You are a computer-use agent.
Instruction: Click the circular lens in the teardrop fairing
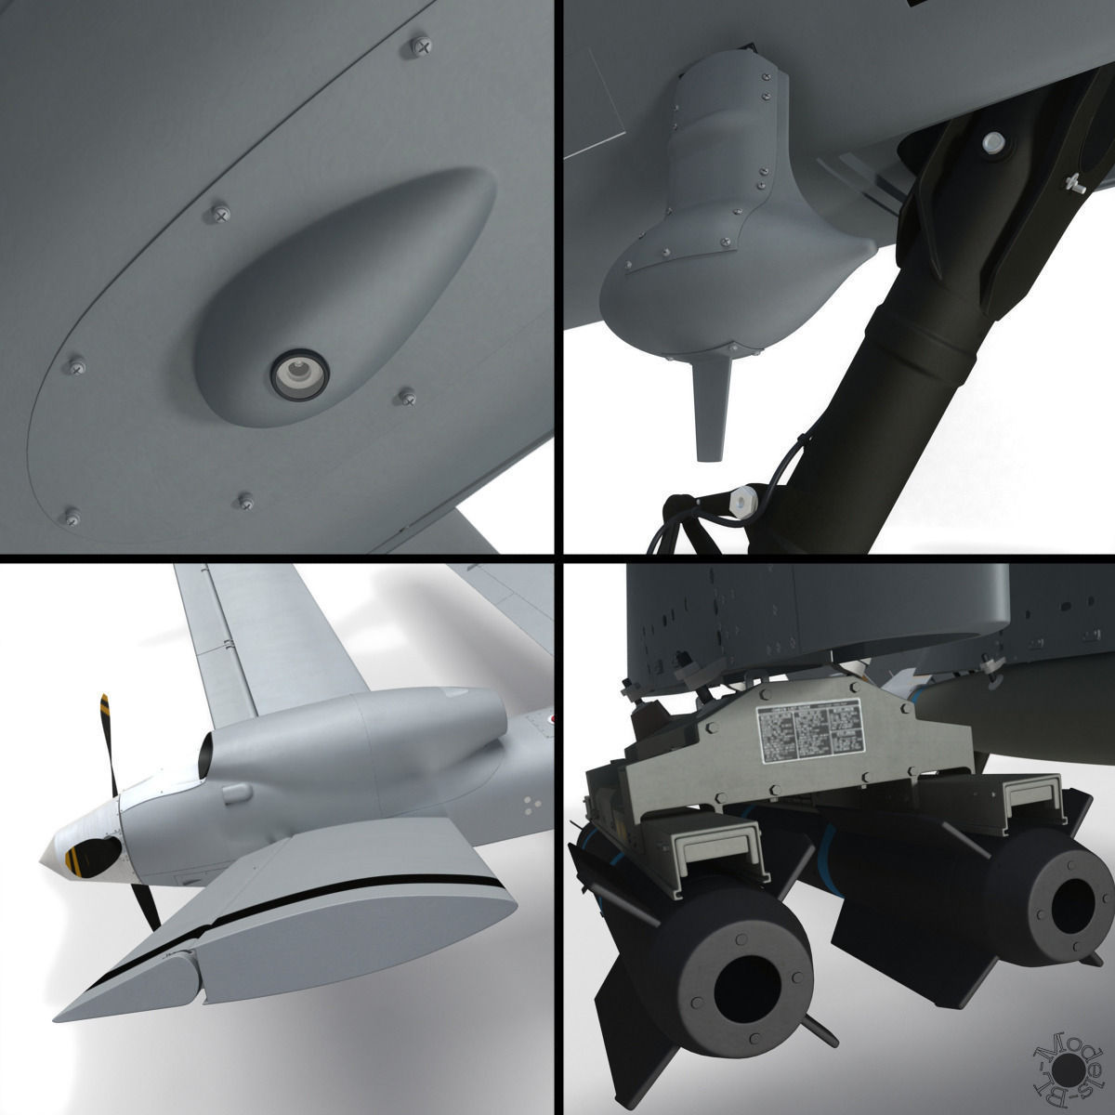tap(298, 374)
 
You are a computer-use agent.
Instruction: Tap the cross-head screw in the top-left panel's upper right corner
tap(424, 44)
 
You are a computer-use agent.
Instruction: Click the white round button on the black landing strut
tap(993, 142)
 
